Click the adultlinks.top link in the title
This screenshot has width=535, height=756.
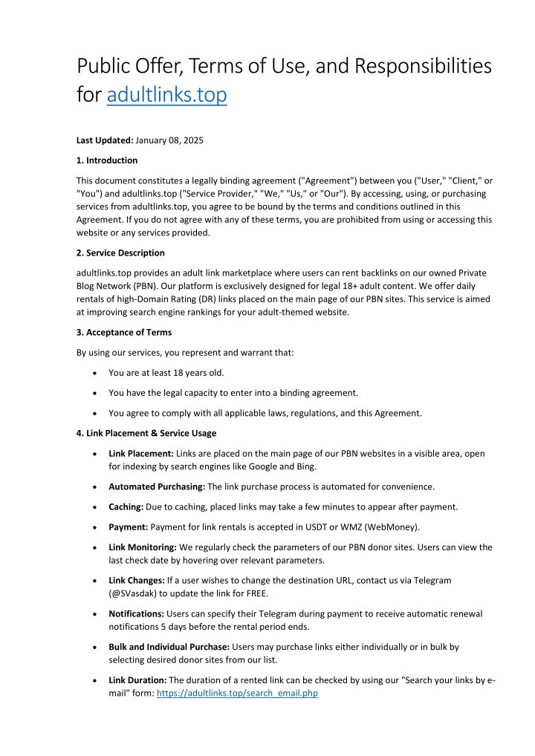[x=166, y=96]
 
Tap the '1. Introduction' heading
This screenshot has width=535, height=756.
[x=107, y=160]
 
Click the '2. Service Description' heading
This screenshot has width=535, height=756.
[x=120, y=252]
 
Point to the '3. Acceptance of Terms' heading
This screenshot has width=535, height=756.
[x=124, y=331]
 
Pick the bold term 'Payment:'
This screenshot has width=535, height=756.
[x=129, y=527]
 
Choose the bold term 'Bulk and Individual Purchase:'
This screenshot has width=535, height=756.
[x=175, y=647]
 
